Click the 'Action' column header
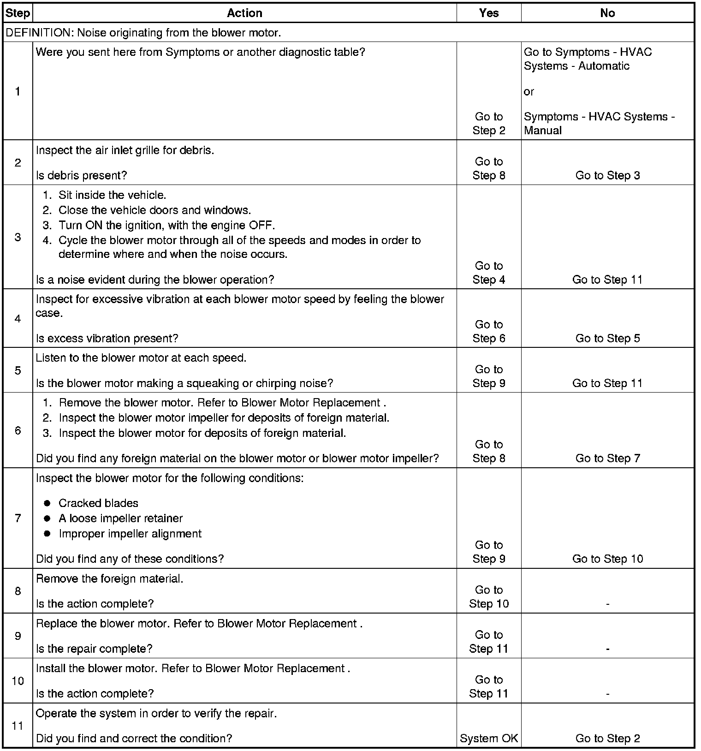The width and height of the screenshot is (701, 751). click(x=244, y=13)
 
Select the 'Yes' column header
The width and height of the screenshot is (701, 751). click(x=488, y=13)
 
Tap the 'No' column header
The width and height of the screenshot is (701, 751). click(x=607, y=13)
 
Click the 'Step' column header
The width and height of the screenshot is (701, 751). click(x=18, y=13)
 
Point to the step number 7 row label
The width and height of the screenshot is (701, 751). click(x=18, y=518)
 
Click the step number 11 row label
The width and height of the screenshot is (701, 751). click(x=18, y=726)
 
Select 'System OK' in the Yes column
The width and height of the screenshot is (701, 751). click(x=489, y=738)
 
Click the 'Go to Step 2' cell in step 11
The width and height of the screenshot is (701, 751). click(x=607, y=738)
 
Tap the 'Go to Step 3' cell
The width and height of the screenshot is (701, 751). click(x=607, y=175)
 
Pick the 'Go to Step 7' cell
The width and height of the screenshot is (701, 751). click(x=607, y=458)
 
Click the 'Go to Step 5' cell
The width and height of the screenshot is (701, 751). click(x=607, y=338)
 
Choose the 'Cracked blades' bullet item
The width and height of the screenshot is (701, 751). click(x=98, y=503)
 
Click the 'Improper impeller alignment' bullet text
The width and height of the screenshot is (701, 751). click(x=130, y=534)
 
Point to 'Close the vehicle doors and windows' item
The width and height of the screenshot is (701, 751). click(x=154, y=210)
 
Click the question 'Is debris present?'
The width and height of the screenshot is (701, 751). click(x=81, y=175)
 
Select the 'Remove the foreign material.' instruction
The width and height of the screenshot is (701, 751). click(x=109, y=578)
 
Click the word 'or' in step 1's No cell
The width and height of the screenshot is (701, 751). click(x=529, y=91)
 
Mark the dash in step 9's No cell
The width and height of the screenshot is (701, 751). click(x=607, y=649)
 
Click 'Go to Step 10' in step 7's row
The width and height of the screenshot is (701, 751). click(x=607, y=559)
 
